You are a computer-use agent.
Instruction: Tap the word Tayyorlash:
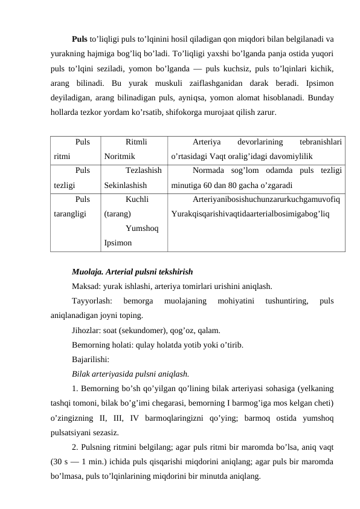tap(92, 300)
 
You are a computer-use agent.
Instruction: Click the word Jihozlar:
tap(88, 331)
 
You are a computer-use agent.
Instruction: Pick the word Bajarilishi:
tap(90, 360)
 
